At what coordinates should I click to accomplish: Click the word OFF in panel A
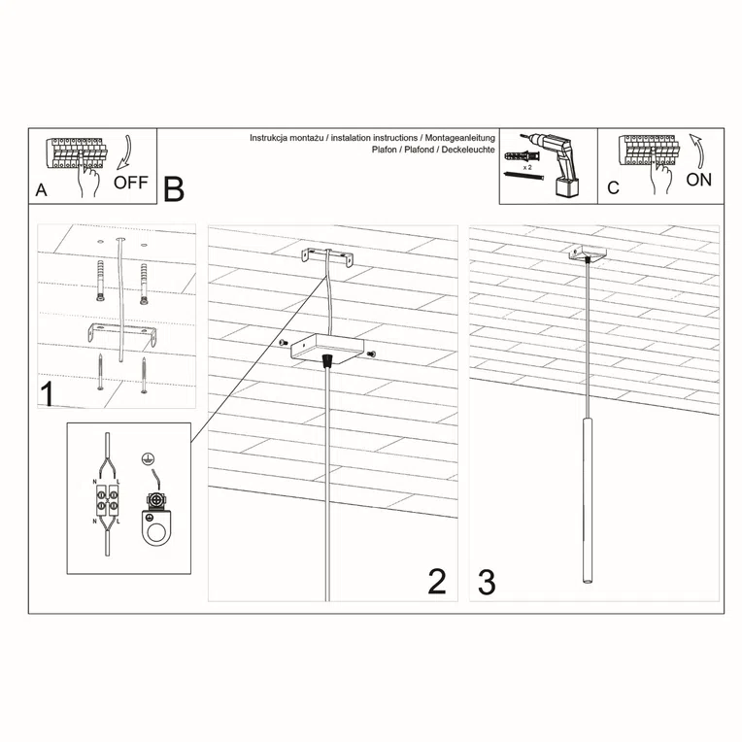[x=130, y=182]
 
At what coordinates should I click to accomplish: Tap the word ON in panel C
[x=698, y=180]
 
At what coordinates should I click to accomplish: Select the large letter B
[x=174, y=189]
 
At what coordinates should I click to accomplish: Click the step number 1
[x=46, y=394]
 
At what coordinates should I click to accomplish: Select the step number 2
[x=437, y=581]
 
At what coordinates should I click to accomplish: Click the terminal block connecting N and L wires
[x=106, y=503]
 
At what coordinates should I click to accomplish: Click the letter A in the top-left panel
[x=41, y=189]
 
